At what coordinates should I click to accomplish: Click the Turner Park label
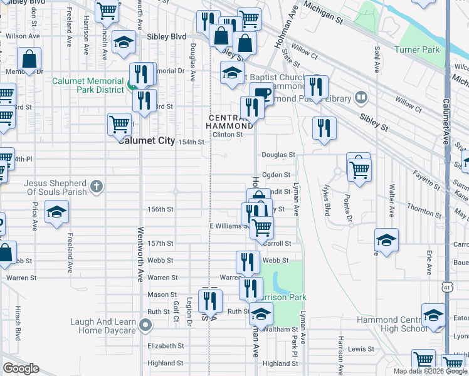pos(417,50)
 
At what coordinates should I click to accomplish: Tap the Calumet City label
pos(147,141)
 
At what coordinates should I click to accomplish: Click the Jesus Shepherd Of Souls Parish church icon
pos(96,185)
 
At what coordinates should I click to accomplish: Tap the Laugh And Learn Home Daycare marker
pos(145,325)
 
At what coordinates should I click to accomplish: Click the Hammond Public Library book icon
pos(361,97)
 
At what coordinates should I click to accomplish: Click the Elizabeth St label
pos(166,345)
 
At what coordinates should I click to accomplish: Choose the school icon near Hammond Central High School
pos(433,315)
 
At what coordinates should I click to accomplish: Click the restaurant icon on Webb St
pos(248,261)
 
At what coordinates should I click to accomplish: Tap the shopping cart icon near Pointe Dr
pos(360,168)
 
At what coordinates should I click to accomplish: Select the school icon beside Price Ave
pos(56,212)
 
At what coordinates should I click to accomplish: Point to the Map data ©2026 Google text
pos(429,371)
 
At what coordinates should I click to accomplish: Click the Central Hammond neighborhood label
pos(230,122)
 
